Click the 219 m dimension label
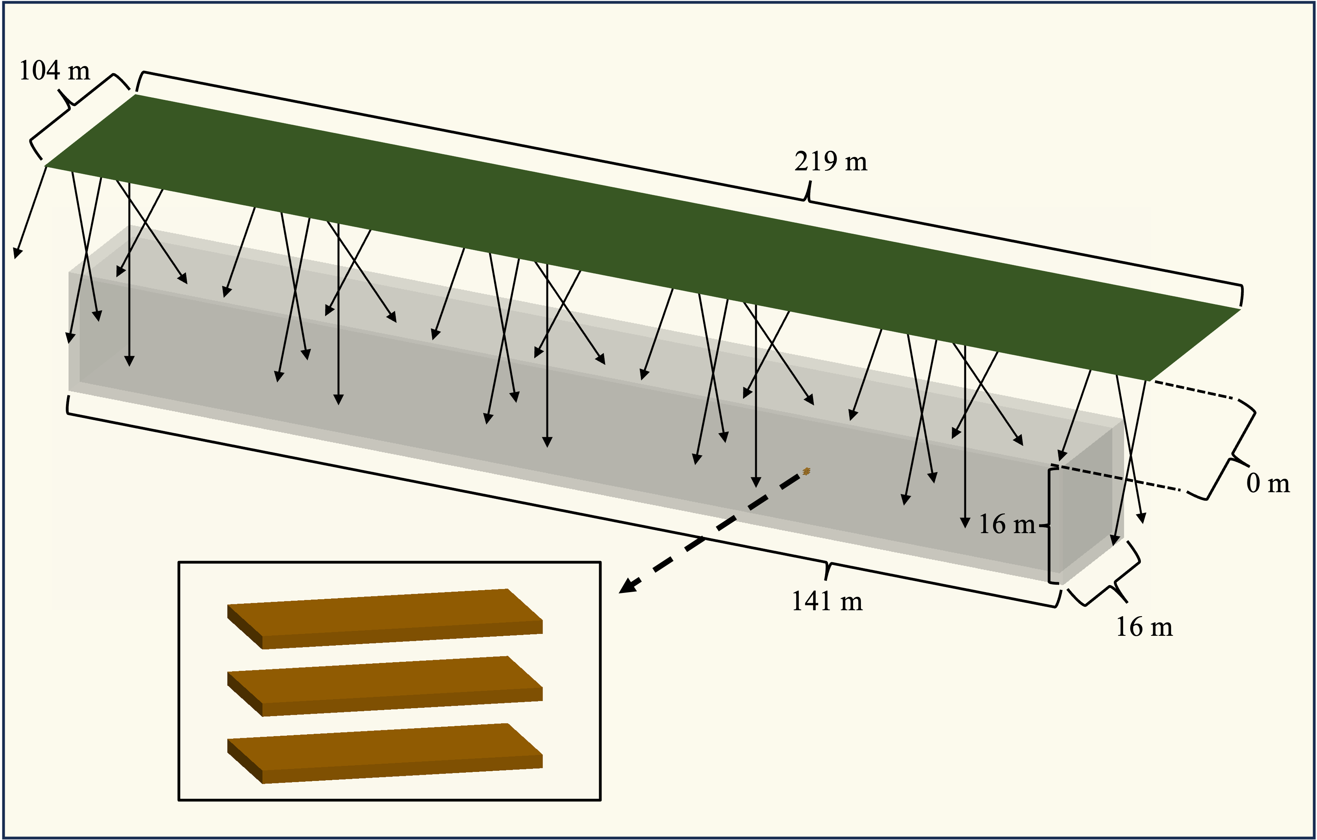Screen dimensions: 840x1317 coord(830,161)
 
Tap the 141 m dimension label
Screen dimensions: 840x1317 coord(826,602)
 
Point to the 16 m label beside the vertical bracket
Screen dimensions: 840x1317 coord(1006,524)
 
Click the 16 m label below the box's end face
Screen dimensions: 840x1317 coord(1144,627)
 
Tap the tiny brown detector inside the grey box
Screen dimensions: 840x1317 coord(806,471)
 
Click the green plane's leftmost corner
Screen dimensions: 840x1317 coord(45,165)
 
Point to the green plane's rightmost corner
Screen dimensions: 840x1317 coord(1239,309)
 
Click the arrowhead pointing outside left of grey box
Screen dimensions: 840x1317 coord(17,253)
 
